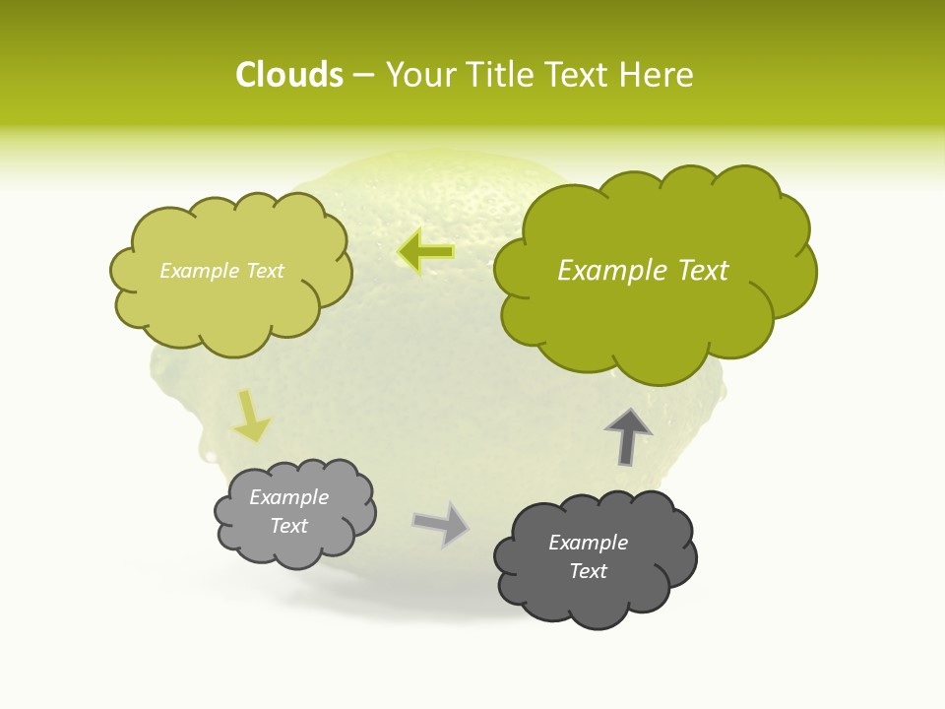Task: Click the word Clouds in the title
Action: click(x=288, y=75)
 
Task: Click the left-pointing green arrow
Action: click(x=426, y=252)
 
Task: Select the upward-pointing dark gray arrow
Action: click(x=628, y=435)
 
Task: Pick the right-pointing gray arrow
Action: click(x=441, y=523)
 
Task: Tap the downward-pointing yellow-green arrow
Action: click(x=251, y=418)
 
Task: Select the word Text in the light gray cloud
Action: click(x=289, y=526)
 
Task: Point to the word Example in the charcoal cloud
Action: click(x=588, y=543)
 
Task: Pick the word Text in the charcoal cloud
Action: click(x=588, y=571)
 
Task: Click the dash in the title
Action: click(x=363, y=76)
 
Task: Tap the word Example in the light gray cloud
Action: click(x=289, y=497)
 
